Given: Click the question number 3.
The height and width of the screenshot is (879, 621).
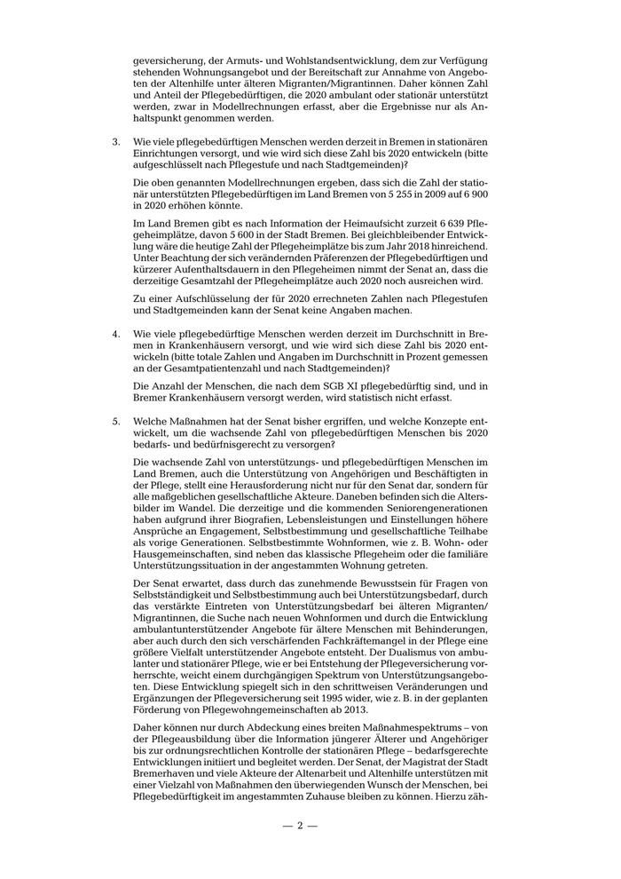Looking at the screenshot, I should tap(114, 142).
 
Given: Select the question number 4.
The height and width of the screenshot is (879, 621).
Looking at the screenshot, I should tap(114, 334).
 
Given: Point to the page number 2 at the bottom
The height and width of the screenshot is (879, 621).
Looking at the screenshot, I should tap(300, 825).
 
